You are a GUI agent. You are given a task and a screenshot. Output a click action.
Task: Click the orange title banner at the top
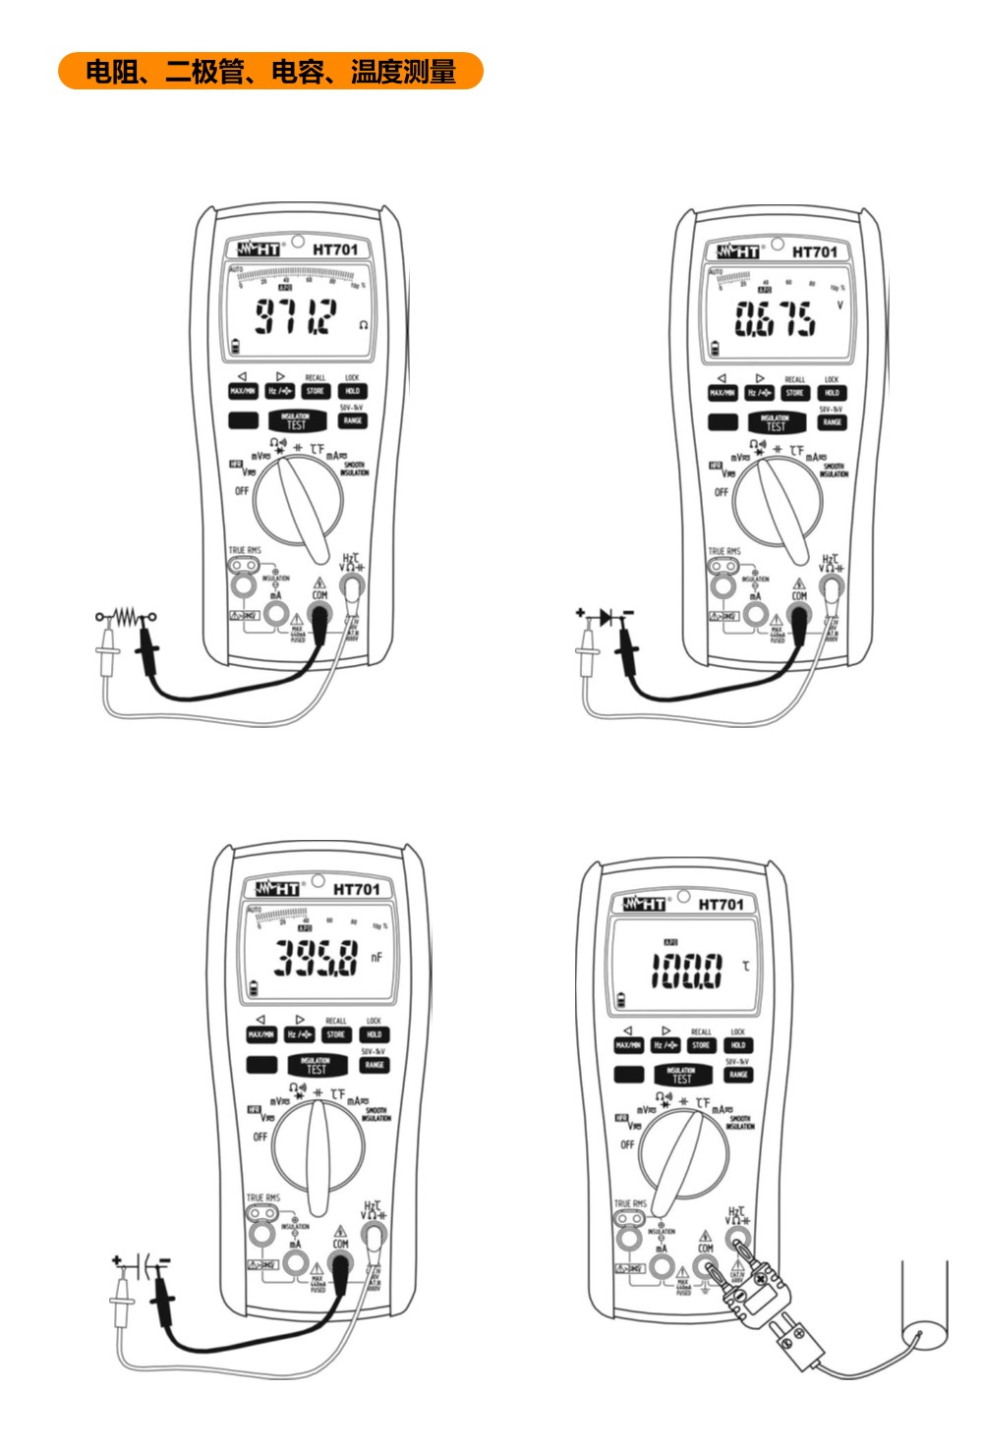pyautogui.click(x=270, y=72)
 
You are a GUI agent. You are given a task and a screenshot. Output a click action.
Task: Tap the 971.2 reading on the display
pyautogui.click(x=296, y=316)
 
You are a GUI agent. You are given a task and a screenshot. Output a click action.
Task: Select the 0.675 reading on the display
pyautogui.click(x=776, y=318)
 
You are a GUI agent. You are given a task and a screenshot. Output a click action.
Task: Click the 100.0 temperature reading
pyautogui.click(x=686, y=971)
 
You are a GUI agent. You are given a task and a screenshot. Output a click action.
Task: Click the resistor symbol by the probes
pyautogui.click(x=127, y=617)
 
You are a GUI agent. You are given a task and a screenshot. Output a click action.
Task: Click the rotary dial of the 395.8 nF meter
pyautogui.click(x=318, y=1147)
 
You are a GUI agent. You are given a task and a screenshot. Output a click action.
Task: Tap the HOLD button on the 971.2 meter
pyautogui.click(x=353, y=391)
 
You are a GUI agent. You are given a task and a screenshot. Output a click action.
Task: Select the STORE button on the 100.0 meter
pyautogui.click(x=701, y=1045)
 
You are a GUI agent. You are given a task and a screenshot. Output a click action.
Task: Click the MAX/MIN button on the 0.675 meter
pyautogui.click(x=723, y=393)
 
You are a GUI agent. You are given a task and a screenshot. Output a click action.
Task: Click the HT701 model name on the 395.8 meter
pyautogui.click(x=356, y=889)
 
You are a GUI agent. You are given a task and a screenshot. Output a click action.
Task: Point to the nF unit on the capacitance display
pyautogui.click(x=376, y=957)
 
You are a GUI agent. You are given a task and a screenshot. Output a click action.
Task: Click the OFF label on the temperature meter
pyautogui.click(x=627, y=1144)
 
